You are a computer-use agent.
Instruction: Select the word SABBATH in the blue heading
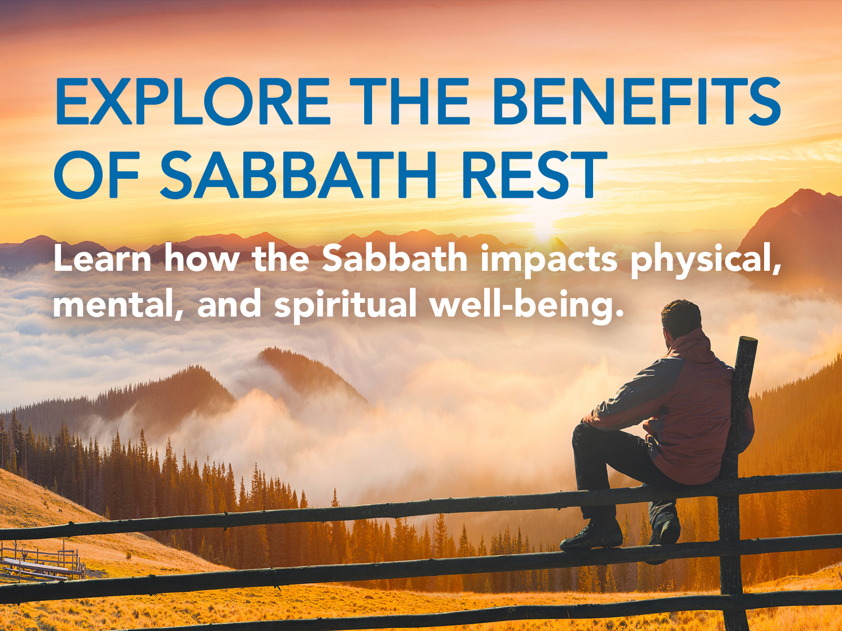click(298, 175)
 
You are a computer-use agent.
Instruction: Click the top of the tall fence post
click(748, 342)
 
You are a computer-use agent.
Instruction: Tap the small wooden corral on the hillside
click(42, 562)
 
